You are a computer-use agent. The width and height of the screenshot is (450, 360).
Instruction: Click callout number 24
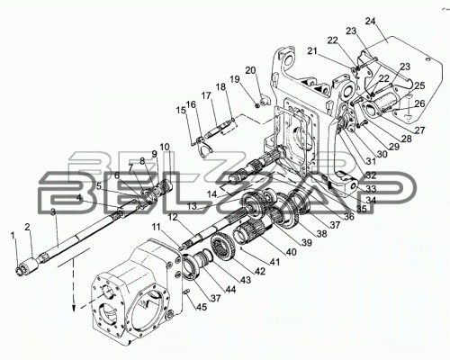[371, 22]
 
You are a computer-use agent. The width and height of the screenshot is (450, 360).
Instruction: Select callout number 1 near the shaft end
[13, 236]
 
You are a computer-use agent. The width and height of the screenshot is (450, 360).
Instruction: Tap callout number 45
[202, 307]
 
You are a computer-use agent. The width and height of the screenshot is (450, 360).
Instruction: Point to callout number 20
[251, 71]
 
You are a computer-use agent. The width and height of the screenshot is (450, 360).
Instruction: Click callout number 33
[371, 189]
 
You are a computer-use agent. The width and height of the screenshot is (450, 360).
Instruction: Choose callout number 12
[173, 217]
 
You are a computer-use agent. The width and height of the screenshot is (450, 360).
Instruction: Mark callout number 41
[274, 262]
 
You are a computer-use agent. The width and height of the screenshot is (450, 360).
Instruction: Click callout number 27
[419, 130]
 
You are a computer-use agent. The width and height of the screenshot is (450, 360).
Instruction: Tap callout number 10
[165, 147]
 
